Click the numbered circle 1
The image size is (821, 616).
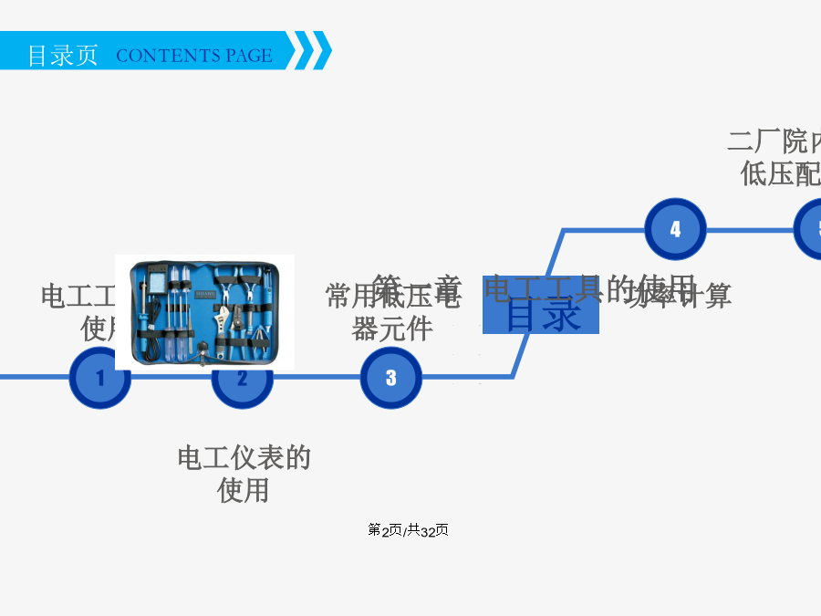tap(99, 378)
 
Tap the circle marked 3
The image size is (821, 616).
tap(390, 377)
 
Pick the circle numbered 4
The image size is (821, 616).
tap(675, 229)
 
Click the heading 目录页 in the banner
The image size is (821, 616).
tap(62, 55)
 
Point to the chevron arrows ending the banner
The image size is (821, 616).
tap(312, 51)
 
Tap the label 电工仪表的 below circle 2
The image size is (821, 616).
tap(244, 457)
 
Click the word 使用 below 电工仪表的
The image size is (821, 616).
tap(244, 491)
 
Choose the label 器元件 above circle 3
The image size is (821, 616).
tap(391, 329)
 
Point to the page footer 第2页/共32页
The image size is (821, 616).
tap(408, 530)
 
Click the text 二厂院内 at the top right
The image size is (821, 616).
tap(774, 141)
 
